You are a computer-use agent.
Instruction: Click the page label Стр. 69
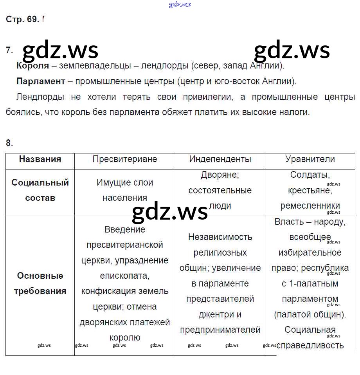pyautogui.click(x=22, y=20)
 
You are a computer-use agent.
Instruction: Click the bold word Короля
pyautogui.click(x=33, y=66)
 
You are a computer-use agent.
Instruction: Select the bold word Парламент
pyautogui.click(x=41, y=81)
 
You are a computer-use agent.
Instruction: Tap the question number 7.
pyautogui.click(x=9, y=50)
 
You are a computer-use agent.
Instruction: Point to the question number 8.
pyautogui.click(x=9, y=143)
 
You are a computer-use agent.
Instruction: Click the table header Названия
pyautogui.click(x=40, y=159)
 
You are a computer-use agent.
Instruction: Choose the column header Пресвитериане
pyautogui.click(x=124, y=159)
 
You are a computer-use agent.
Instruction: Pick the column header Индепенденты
pyautogui.click(x=220, y=159)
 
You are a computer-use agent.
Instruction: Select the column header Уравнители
pyautogui.click(x=310, y=159)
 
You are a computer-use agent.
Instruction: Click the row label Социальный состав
pyautogui.click(x=40, y=190)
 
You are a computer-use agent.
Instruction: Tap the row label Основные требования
pyautogui.click(x=40, y=283)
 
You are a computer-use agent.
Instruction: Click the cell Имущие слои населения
pyautogui.click(x=124, y=190)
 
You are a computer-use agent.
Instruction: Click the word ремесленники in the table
pyautogui.click(x=310, y=206)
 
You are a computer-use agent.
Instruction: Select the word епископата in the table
pyautogui.click(x=124, y=276)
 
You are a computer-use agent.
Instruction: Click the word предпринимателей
pyautogui.click(x=220, y=330)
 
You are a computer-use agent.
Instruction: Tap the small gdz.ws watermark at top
pyautogui.click(x=180, y=5)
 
